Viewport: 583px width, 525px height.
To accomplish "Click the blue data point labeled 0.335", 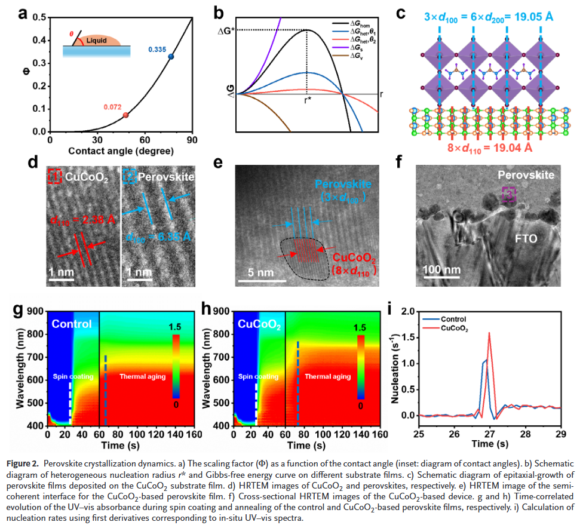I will [171, 57].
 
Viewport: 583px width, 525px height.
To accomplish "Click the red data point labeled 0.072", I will [125, 115].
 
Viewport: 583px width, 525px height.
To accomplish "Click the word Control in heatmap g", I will [71, 324].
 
